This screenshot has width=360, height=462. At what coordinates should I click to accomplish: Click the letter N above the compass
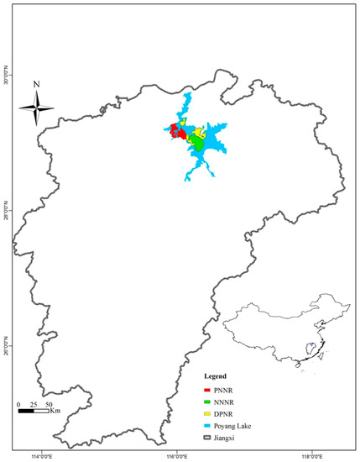36,84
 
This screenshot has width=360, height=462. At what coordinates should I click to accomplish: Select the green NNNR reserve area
198,144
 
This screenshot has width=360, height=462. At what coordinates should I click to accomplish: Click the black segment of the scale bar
26,411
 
